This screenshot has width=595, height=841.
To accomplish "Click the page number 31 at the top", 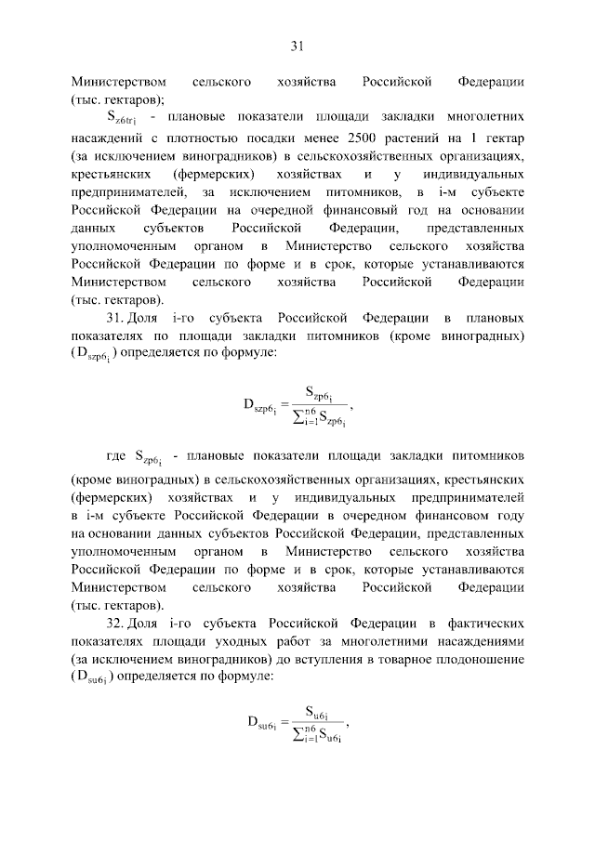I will pos(297,46).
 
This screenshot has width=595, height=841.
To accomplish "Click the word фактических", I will pos(490,620).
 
